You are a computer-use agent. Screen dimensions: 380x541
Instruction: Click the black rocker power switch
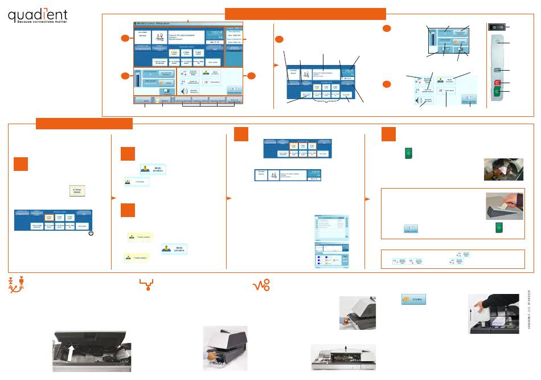click(x=497, y=27)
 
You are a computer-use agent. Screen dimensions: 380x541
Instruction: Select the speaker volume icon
click(x=183, y=91)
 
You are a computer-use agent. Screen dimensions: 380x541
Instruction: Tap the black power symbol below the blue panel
click(x=91, y=234)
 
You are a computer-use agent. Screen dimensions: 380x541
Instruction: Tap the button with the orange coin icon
click(x=415, y=299)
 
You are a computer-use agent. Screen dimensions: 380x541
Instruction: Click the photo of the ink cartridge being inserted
click(x=225, y=348)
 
